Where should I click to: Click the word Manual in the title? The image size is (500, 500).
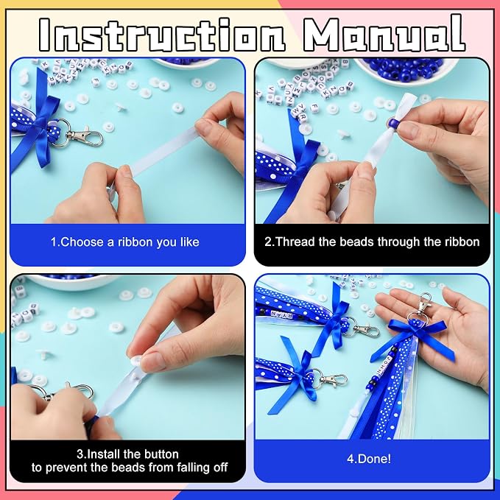[x=384, y=34]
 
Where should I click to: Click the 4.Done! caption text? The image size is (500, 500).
[x=369, y=459]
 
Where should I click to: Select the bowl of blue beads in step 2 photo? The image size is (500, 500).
[x=407, y=71]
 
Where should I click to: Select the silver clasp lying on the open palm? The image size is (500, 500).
[x=420, y=306]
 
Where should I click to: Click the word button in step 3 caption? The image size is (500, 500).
[x=161, y=454]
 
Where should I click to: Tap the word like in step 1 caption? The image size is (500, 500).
[x=189, y=242]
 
